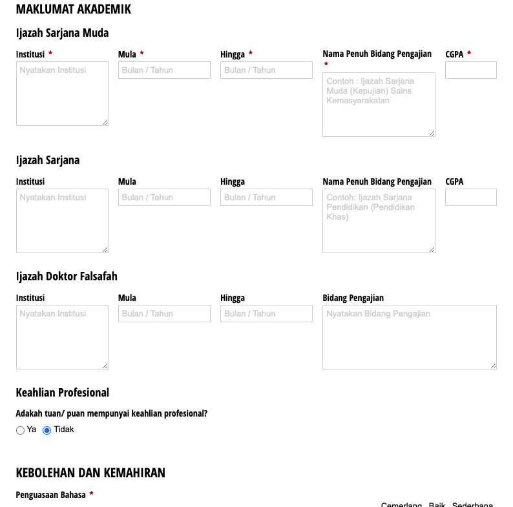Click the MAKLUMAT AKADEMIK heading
pos(73,9)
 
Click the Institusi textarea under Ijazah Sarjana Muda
pos(62,94)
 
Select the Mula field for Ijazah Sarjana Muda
pos(164,70)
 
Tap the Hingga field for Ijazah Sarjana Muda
pos(266,70)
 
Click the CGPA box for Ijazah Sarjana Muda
pos(470,70)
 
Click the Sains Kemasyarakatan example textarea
pos(379,105)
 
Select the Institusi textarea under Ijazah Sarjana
pos(62,221)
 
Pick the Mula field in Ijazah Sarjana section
pos(164,197)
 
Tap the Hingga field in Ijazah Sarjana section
pos(266,197)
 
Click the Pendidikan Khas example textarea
pos(379,221)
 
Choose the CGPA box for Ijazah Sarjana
pos(470,197)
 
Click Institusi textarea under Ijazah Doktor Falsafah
pos(62,337)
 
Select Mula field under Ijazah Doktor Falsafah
pos(164,313)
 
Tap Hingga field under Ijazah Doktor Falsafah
pos(266,313)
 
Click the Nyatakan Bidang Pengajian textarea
pos(409,337)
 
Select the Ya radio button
pos(21,430)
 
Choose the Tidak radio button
pos(47,430)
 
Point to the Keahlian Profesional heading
pos(62,393)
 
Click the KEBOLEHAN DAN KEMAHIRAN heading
pos(90,473)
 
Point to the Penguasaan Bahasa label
pos(50,495)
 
